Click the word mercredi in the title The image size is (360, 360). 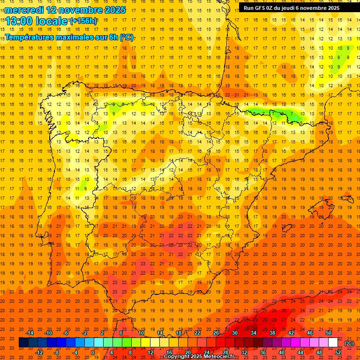pos(24,10)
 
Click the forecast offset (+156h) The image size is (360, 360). pos(83,21)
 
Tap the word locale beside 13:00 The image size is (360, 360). pos(52,21)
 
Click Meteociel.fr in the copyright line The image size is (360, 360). pos(219,357)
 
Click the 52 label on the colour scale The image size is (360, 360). pos(338,352)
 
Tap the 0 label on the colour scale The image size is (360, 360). pos(93,352)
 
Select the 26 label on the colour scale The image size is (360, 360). pos(216,333)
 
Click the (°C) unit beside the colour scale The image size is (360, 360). pos(349,344)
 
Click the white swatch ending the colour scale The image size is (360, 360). pos(333,343)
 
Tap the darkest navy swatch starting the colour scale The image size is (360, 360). pos(23,343)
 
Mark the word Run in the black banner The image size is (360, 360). pos(248,8)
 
